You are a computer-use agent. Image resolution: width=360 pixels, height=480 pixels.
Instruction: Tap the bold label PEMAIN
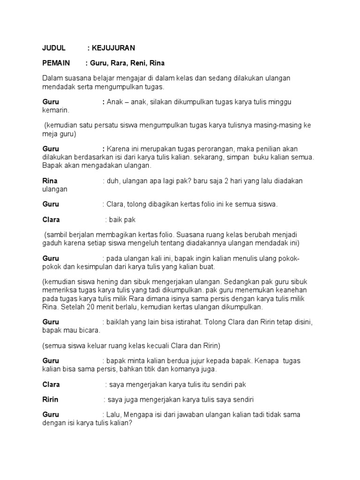56,63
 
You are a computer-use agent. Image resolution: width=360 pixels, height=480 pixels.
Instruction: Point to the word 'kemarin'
55,111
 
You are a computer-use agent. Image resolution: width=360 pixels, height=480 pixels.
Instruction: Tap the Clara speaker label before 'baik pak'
51,219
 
